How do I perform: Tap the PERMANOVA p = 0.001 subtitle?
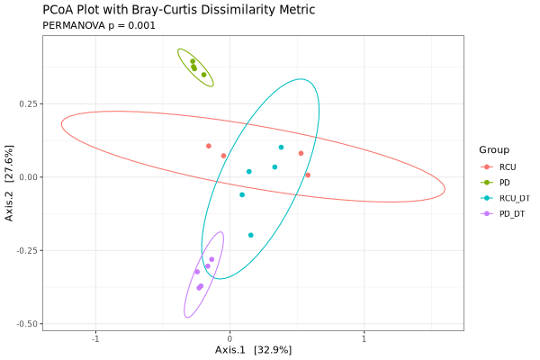pyautogui.click(x=99, y=25)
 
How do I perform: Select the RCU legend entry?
pyautogui.click(x=508, y=167)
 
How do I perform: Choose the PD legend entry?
pyautogui.click(x=504, y=183)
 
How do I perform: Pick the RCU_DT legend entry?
pyautogui.click(x=514, y=198)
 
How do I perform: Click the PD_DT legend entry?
pyautogui.click(x=511, y=213)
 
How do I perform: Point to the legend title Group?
pyautogui.click(x=494, y=149)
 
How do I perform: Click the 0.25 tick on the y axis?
pyautogui.click(x=28, y=103)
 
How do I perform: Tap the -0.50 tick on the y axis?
pyautogui.click(x=26, y=323)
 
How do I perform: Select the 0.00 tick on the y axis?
pyautogui.click(x=28, y=177)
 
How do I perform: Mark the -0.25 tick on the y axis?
pyautogui.click(x=26, y=250)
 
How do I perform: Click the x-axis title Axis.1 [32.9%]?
pyautogui.click(x=253, y=349)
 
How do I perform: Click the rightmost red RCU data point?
pyautogui.click(x=308, y=175)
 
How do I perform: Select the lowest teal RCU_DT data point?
pyautogui.click(x=251, y=235)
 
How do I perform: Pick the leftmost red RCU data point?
pyautogui.click(x=209, y=146)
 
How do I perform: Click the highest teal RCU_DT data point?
pyautogui.click(x=281, y=147)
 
